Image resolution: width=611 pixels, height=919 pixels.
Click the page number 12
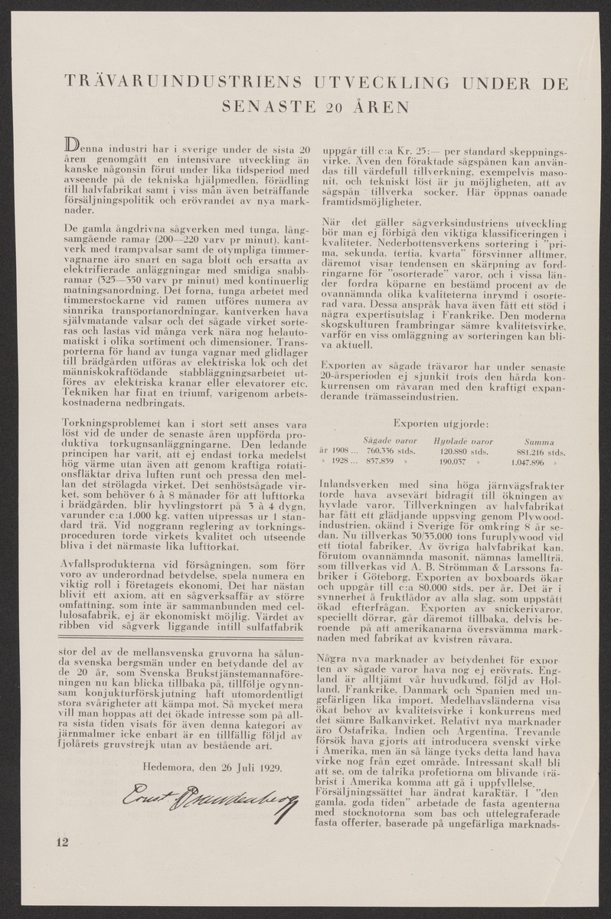click(62, 843)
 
